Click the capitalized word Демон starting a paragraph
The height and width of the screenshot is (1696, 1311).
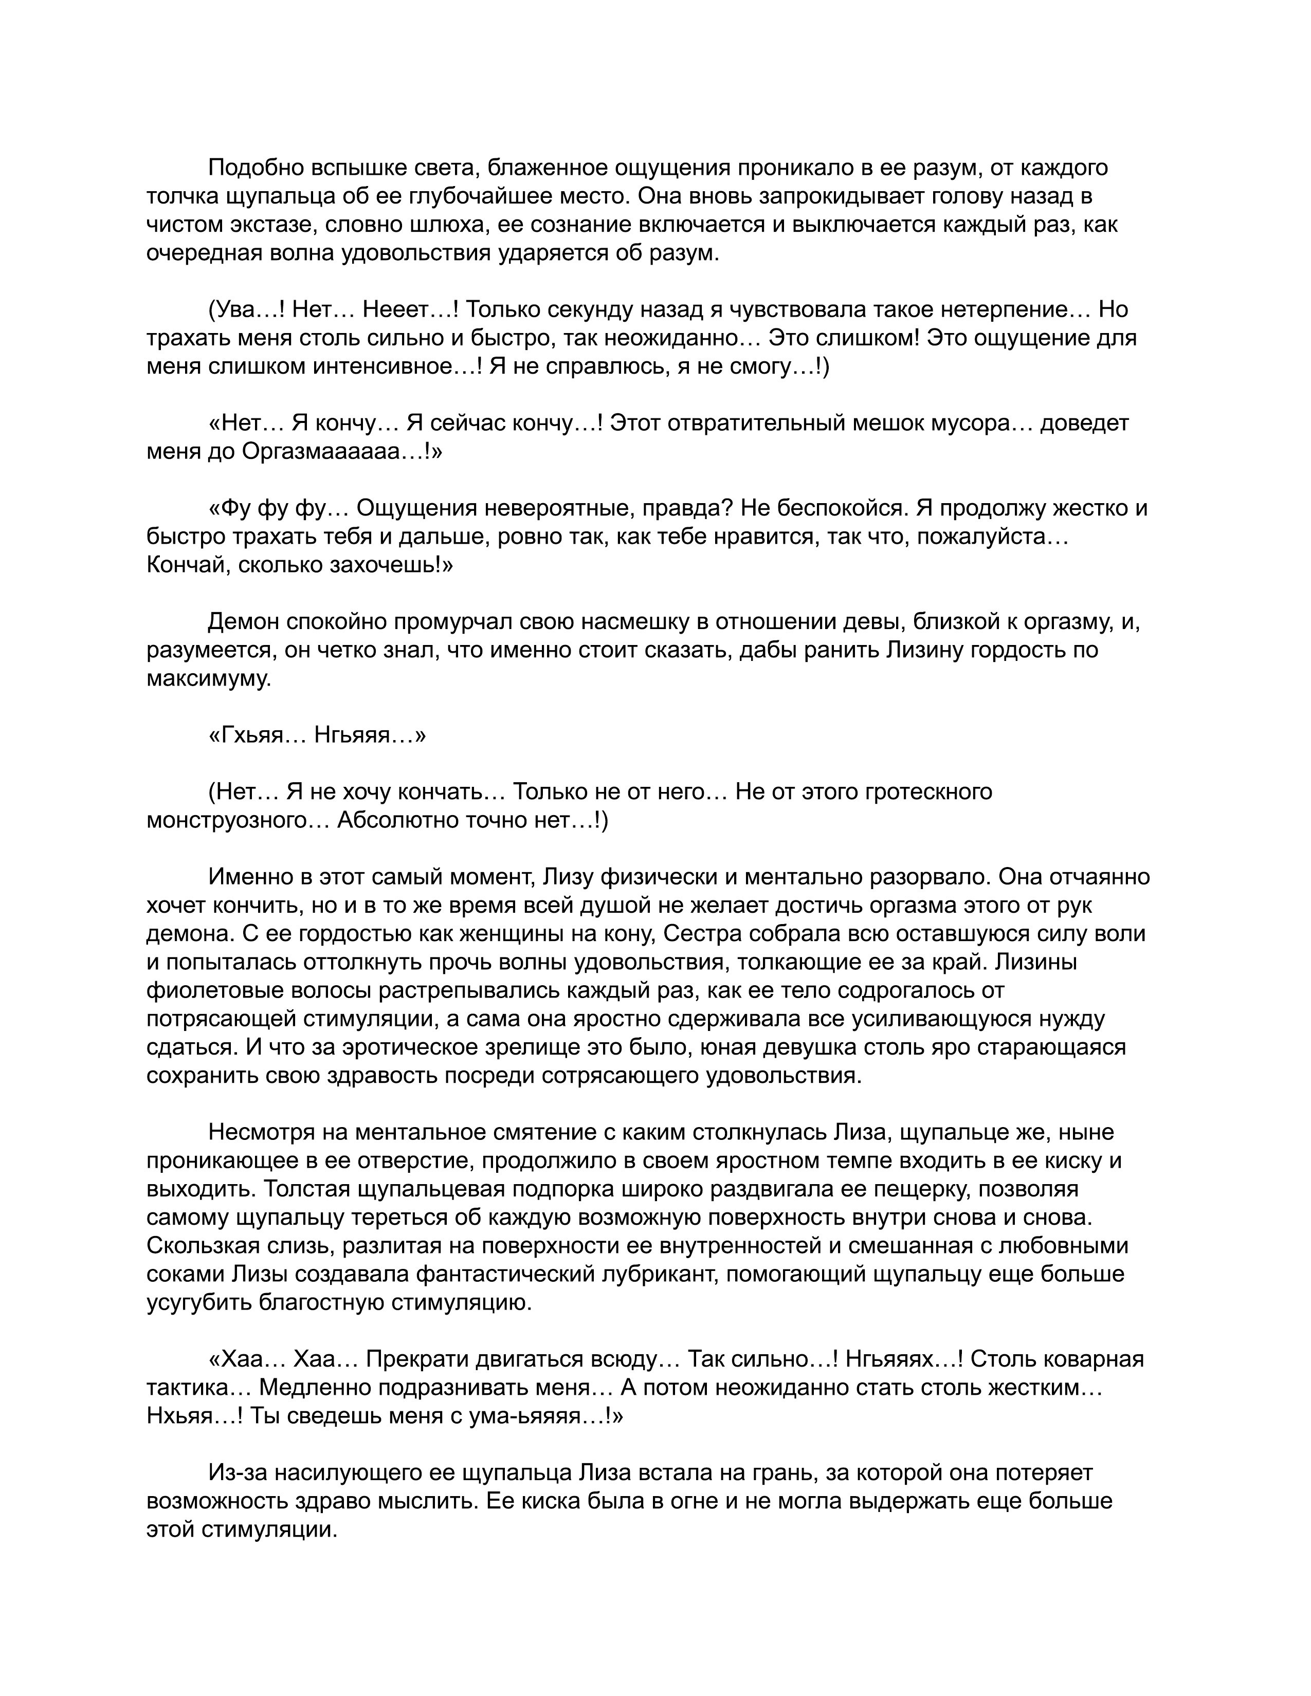244,622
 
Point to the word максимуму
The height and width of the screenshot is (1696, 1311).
209,679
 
